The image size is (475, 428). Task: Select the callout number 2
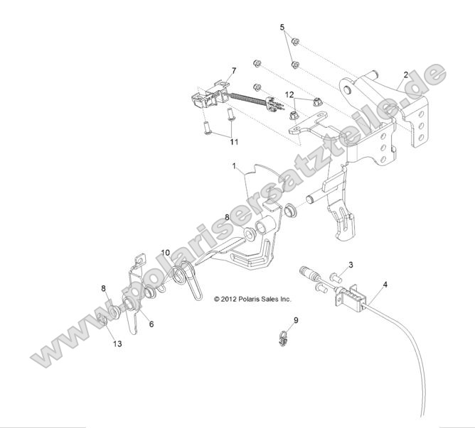click(x=406, y=75)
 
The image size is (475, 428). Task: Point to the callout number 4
click(x=385, y=286)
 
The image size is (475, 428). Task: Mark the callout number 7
click(x=233, y=71)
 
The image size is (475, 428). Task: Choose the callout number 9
click(x=296, y=320)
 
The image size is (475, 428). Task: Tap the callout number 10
click(x=165, y=252)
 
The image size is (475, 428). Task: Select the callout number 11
click(x=233, y=142)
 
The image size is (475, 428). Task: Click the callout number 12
click(x=289, y=94)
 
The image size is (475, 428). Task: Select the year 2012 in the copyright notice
click(x=230, y=300)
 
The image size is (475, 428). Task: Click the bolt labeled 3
click(x=334, y=276)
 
